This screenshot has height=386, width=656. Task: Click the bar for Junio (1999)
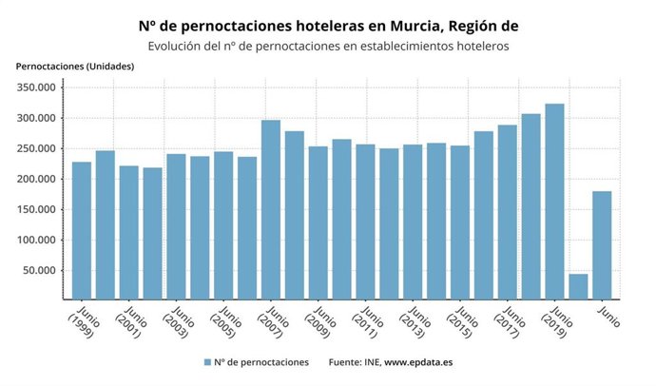point(82,231)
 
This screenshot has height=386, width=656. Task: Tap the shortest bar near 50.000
point(578,286)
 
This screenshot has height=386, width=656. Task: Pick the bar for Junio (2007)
point(271,209)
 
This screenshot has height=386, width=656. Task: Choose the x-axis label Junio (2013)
point(415,322)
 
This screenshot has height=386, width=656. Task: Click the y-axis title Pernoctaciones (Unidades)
point(74,66)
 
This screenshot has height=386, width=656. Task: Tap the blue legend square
point(206,362)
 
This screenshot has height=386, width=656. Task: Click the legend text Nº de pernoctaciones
point(261,362)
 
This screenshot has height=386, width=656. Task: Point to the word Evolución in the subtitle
point(177,45)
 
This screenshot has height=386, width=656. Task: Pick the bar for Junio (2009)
point(318,222)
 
